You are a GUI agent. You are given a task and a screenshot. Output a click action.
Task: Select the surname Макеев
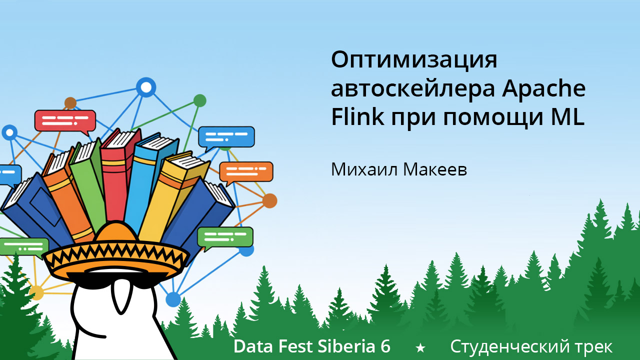point(434,169)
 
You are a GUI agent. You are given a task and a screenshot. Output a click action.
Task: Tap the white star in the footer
point(420,347)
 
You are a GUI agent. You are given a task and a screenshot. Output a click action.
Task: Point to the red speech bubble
point(64,120)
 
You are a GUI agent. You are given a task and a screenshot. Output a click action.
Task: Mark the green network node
point(199,100)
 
